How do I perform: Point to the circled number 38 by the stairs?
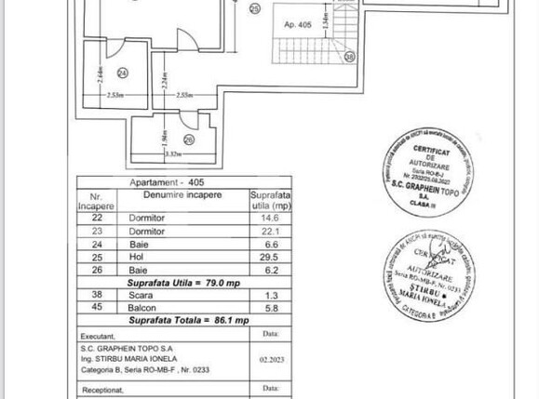pyautogui.click(x=350, y=57)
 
